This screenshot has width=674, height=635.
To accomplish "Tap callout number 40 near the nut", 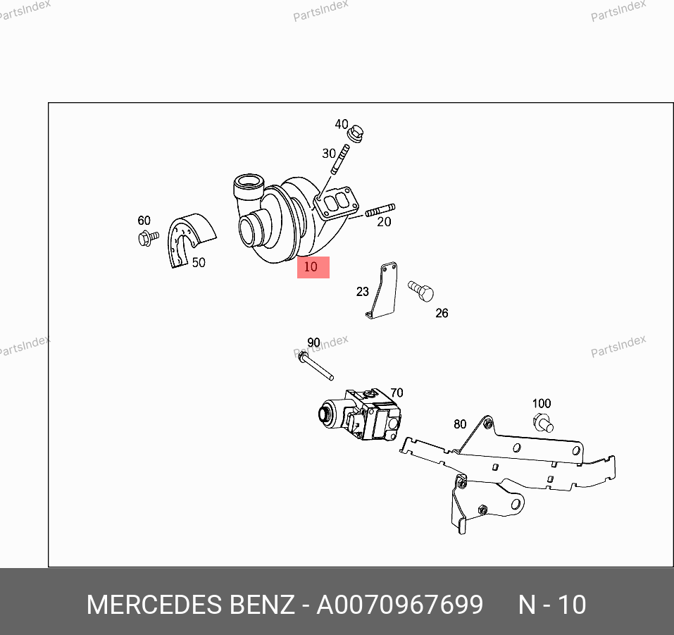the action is [x=342, y=124].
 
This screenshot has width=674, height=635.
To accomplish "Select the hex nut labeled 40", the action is [x=356, y=133].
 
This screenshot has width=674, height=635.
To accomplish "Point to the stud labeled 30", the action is [x=340, y=159].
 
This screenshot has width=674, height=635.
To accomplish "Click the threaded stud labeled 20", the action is [x=380, y=211].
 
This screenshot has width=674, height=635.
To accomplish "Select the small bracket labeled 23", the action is [x=383, y=291].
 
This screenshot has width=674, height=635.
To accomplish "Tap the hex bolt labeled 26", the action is [x=421, y=291].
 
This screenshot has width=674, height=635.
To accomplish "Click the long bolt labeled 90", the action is [x=316, y=366].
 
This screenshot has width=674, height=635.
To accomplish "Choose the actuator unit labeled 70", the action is [x=360, y=414].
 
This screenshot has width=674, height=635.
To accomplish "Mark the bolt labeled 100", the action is [x=543, y=422].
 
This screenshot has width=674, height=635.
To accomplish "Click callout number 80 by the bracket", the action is [x=460, y=424].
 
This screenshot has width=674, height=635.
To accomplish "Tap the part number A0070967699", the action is [x=400, y=605].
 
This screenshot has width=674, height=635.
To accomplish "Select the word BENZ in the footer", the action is [x=262, y=605].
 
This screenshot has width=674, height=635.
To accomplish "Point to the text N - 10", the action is [x=552, y=605].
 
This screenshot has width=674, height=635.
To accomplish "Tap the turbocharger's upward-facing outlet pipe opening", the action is [x=249, y=180].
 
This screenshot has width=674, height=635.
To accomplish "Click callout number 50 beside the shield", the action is [x=199, y=262].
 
